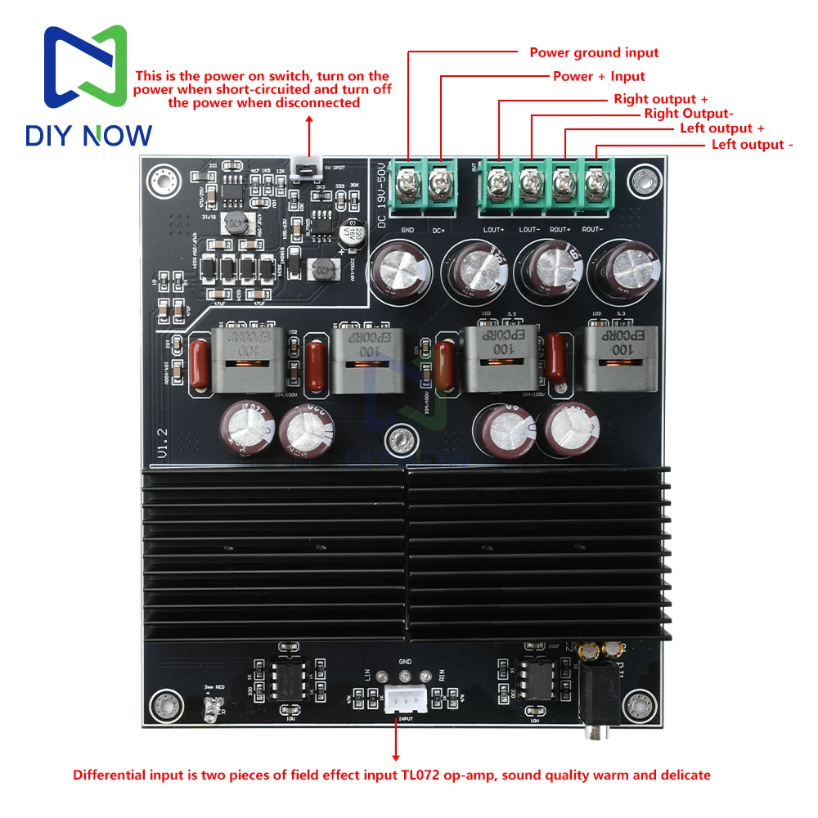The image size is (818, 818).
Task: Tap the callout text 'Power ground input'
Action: click(594, 52)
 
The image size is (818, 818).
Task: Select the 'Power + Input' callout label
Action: click(599, 76)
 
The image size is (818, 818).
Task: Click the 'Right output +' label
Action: click(661, 99)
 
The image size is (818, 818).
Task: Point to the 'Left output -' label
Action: click(753, 144)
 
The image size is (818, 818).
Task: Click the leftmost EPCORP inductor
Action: click(245, 357)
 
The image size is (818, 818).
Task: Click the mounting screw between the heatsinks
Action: click(399, 439)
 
